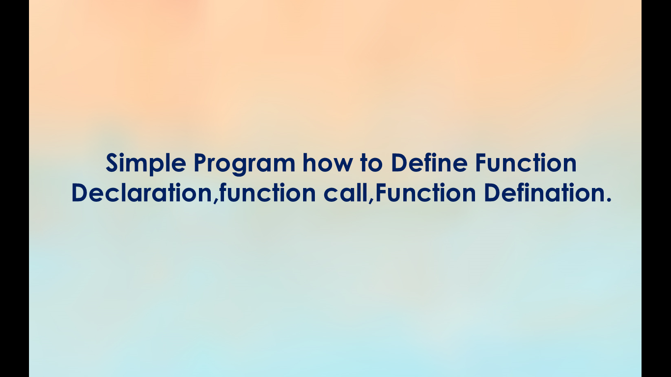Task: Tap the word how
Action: point(327,162)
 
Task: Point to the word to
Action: point(371,163)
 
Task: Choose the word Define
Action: point(429,162)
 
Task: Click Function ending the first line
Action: point(526,162)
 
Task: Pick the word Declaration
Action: point(142,192)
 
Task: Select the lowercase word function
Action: point(268,192)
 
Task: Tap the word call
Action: point(346,192)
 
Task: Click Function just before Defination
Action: point(426,192)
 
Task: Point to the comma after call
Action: point(371,201)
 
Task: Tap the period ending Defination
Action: point(608,200)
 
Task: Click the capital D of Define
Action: point(400,163)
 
